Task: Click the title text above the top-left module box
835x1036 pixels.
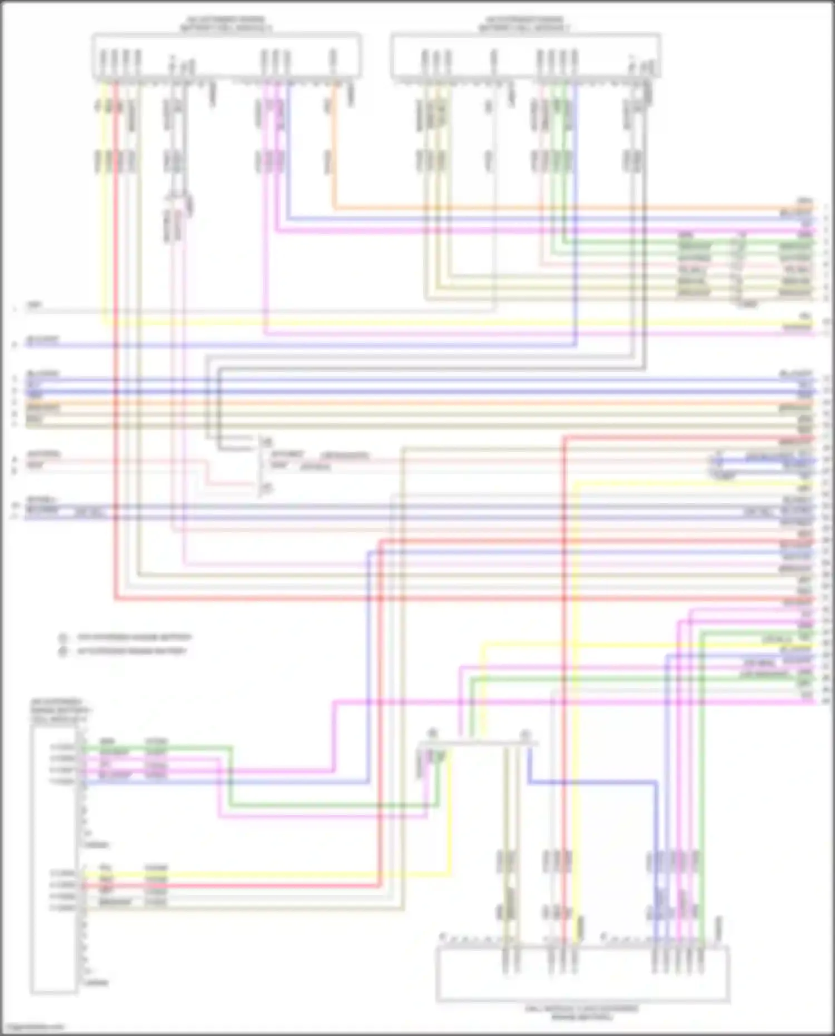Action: point(225,24)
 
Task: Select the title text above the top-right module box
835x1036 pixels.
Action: point(524,24)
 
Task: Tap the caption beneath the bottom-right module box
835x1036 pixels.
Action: point(582,1012)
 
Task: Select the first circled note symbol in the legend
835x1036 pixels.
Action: point(63,637)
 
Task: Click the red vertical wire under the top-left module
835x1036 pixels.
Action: point(116,334)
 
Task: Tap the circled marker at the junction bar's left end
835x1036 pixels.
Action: point(431,734)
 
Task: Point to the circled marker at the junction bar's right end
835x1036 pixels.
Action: point(524,735)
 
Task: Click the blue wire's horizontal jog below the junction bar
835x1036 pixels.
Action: point(590,782)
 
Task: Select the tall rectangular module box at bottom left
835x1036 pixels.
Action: point(53,857)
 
